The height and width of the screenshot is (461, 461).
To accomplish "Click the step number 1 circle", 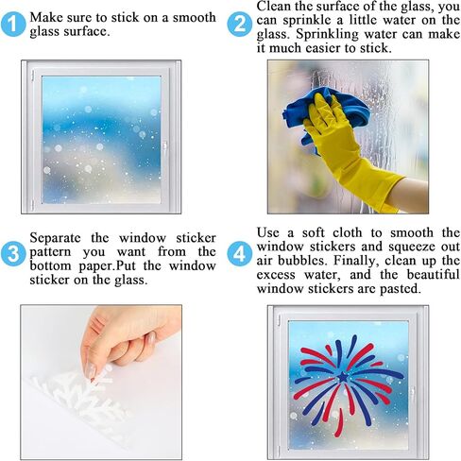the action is click(x=13, y=24).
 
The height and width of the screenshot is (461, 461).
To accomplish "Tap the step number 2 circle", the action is click(x=240, y=24).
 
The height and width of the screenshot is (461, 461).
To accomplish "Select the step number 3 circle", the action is click(x=13, y=253).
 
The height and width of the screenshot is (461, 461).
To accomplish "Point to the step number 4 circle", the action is click(x=240, y=253).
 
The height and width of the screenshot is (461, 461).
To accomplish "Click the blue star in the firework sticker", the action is click(x=343, y=377).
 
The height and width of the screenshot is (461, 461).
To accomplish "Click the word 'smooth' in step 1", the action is click(x=195, y=18).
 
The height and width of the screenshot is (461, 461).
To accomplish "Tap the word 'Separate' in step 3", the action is click(x=55, y=238).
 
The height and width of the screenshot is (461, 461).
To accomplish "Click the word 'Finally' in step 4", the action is click(x=354, y=261).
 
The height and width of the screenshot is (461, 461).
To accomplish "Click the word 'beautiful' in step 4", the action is click(x=433, y=274).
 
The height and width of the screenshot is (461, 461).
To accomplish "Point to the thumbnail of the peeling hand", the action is click(x=101, y=383).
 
